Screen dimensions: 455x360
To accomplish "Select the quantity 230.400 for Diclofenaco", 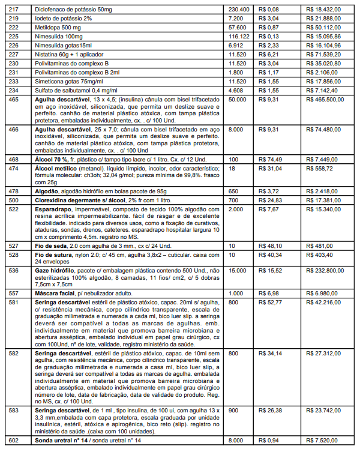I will point(240,10).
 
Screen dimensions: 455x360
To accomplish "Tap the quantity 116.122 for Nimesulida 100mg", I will point(240,36).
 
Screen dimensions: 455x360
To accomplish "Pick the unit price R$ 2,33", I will point(269,45).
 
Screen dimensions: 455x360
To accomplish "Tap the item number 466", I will point(14,129).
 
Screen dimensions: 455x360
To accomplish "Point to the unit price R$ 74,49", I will point(270,159).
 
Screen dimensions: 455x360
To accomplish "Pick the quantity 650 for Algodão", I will point(235,190).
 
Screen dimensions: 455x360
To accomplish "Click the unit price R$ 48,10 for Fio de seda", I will point(270,245).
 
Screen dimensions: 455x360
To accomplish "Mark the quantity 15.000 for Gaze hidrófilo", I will point(238,271).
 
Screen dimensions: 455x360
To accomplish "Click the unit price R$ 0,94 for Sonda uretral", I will point(269,440).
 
